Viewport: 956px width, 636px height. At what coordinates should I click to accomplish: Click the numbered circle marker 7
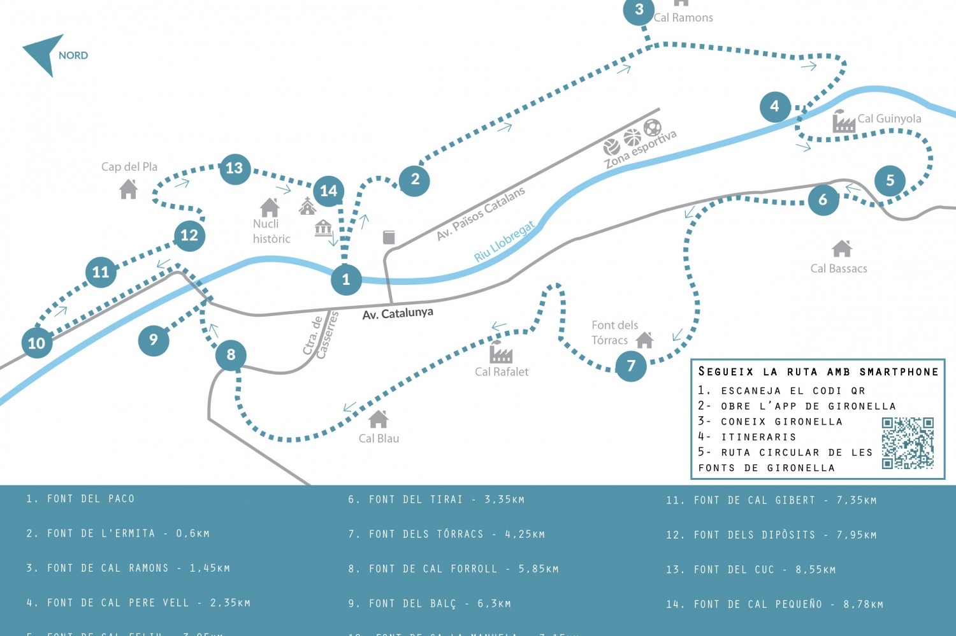point(631,366)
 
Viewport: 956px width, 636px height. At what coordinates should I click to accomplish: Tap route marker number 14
point(328,191)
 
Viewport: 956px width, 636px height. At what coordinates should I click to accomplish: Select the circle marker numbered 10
point(36,343)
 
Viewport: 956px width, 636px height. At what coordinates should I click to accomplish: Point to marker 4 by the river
point(775,106)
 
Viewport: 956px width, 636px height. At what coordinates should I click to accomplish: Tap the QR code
point(908,443)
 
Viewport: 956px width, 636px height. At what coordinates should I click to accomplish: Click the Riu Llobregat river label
point(504,243)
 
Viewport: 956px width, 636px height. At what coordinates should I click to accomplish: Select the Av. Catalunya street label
point(398,314)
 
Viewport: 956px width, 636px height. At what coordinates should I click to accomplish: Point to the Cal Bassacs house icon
point(842,248)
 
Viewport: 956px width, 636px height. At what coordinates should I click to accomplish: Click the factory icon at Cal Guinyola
point(844,121)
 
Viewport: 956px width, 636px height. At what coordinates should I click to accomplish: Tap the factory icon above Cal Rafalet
point(501,352)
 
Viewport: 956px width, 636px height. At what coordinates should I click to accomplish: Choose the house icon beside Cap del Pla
point(129,189)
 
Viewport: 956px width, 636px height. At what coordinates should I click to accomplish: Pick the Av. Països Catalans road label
point(481,213)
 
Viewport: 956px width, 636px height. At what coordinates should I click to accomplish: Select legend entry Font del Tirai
point(436,500)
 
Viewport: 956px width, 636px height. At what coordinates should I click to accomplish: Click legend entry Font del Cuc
point(750,570)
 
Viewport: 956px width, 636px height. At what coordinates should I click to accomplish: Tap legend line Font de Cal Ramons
point(127,568)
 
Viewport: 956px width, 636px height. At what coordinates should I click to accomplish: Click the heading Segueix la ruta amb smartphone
point(818,372)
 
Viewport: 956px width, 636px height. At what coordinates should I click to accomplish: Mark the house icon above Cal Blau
point(379,419)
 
